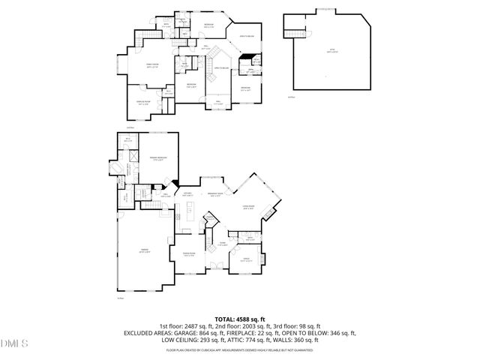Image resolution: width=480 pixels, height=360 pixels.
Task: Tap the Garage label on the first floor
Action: pos(145,251)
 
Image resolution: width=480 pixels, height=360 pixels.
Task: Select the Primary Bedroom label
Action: pos(159,159)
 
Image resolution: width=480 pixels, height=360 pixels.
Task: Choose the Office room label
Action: pos(244,259)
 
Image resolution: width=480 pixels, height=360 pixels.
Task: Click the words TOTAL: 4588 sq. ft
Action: pos(240,319)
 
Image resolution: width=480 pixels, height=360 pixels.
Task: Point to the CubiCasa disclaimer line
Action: pos(240,349)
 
